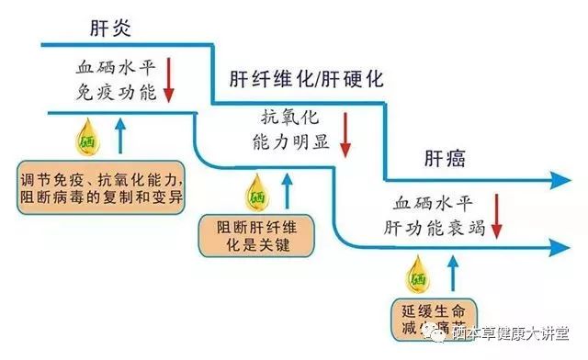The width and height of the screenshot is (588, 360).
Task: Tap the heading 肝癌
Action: click(445, 158)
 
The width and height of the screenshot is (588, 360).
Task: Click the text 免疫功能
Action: click(119, 92)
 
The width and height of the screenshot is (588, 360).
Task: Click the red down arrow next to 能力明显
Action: click(345, 135)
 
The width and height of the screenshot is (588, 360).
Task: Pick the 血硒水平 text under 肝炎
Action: click(119, 69)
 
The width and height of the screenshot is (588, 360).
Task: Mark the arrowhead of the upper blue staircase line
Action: click(562, 181)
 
